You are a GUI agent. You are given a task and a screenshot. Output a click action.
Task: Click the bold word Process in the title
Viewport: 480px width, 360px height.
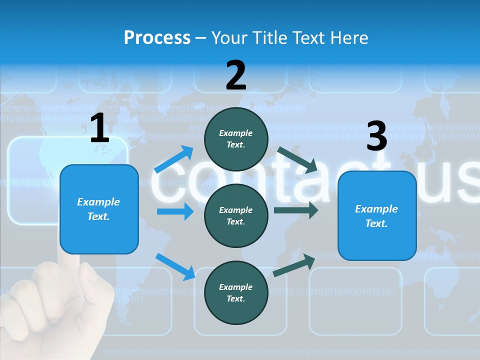(157, 38)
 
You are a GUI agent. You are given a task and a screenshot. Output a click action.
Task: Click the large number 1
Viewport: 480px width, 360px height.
(99, 128)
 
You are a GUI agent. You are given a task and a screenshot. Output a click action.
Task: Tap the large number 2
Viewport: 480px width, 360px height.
(236, 75)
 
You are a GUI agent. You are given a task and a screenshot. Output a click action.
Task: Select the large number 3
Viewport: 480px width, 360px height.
(376, 136)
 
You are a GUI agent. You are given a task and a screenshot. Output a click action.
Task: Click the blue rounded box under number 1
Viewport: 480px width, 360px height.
(99, 209)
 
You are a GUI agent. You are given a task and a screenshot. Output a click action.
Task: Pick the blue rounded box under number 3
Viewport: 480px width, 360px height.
(377, 215)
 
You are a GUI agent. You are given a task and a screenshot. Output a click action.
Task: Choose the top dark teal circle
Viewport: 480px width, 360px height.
(236, 139)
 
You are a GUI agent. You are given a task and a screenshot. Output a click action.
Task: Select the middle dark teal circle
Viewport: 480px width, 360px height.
(236, 215)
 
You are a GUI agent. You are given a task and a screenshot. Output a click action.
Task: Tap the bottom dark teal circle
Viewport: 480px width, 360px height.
(236, 292)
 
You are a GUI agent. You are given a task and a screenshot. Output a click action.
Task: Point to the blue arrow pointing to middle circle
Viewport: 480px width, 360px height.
(175, 211)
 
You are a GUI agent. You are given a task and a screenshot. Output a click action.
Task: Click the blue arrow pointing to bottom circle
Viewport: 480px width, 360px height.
(175, 266)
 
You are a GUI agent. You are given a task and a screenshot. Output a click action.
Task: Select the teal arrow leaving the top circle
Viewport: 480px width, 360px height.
(297, 159)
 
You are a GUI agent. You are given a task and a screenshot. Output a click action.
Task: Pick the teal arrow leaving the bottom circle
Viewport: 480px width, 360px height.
(294, 264)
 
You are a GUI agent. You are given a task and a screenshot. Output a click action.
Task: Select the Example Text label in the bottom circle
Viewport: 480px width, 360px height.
(236, 292)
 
